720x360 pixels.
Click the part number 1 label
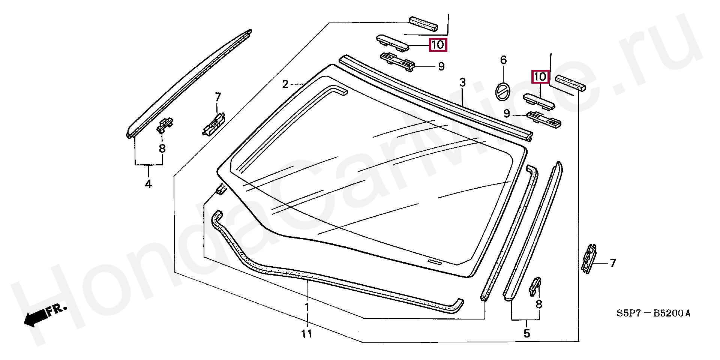point(307,307)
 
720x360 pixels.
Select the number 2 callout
point(285,84)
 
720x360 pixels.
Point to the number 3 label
point(462,82)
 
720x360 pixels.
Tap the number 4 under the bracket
point(148,184)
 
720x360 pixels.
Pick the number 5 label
point(527,333)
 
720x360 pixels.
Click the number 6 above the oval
point(503,60)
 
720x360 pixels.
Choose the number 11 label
point(307,333)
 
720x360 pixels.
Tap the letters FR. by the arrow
point(57,310)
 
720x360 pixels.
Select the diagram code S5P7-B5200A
point(653,313)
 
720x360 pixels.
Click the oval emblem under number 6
point(503,91)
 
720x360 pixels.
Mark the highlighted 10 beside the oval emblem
point(540,77)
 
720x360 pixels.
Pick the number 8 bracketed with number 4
point(162,148)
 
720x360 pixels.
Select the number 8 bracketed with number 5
point(539,304)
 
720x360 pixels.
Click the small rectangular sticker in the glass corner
point(435,262)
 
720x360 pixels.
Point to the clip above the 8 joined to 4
point(165,125)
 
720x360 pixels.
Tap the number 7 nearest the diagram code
point(613,263)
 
